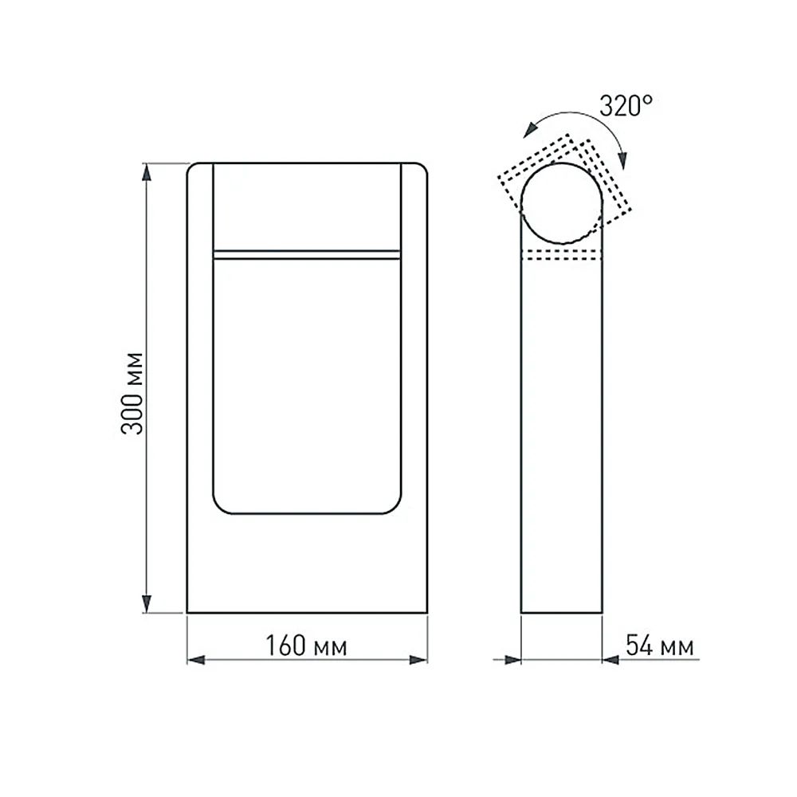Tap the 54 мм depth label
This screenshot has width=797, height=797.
[x=659, y=646]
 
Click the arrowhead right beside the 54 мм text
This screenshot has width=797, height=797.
[x=611, y=660]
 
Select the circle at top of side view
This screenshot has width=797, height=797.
[x=562, y=203]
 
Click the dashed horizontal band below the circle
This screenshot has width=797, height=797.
[x=562, y=254]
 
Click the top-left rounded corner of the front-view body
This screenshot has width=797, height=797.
[x=191, y=167]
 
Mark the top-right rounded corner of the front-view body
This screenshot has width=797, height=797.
[x=422, y=167]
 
